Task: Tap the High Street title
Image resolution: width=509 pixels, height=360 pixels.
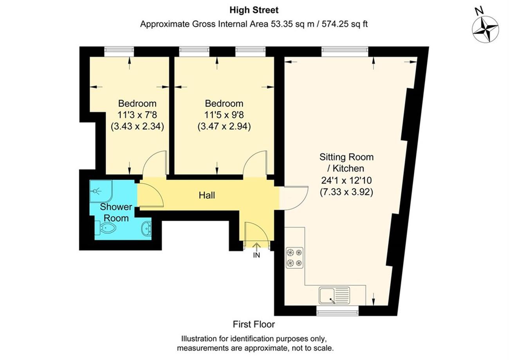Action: [x=254, y=10]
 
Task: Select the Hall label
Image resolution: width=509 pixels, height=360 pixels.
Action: [x=207, y=195]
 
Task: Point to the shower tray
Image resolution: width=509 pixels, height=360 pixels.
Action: [x=101, y=191]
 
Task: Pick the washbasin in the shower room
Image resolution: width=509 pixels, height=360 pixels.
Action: [x=146, y=228]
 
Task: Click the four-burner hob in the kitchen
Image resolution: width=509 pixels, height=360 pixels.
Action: [x=294, y=258]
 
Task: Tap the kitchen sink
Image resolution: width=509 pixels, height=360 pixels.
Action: [x=334, y=295]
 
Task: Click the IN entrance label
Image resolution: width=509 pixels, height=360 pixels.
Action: [x=256, y=255]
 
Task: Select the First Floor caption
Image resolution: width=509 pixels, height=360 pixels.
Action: [x=254, y=324]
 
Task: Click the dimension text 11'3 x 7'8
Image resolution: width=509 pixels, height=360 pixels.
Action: [x=137, y=115]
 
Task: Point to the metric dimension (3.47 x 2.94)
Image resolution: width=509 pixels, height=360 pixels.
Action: [x=224, y=126]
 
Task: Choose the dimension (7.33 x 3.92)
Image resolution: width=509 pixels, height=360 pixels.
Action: [x=347, y=192]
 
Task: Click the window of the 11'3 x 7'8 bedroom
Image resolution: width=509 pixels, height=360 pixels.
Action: [x=119, y=52]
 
